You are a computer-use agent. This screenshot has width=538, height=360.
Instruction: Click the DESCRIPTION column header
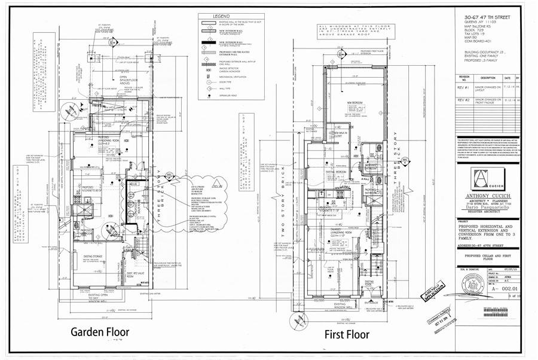click(x=488, y=78)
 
